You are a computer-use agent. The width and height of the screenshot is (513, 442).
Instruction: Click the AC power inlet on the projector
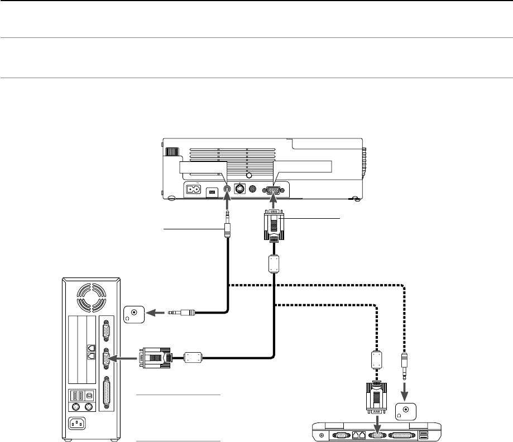tap(195, 189)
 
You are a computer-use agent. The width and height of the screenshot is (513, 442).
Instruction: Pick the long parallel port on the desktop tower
tap(106, 395)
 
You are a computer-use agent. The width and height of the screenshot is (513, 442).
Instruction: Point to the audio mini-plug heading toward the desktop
tap(180, 314)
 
